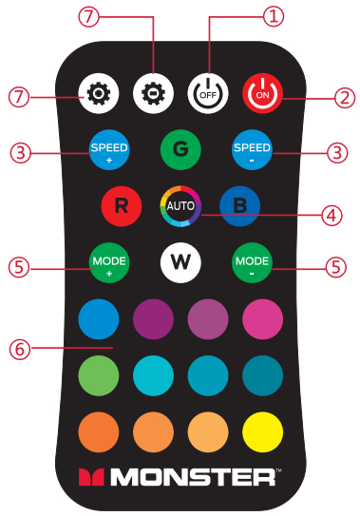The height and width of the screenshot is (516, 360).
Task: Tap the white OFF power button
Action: pos(204,92)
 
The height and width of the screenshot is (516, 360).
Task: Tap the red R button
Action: pos(121,204)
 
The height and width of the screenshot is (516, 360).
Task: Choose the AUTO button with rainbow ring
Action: pos(180,204)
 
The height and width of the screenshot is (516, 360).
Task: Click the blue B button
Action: pos(238,204)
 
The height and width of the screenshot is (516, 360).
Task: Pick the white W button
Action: pos(180,259)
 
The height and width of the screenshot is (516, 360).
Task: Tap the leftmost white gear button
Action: pos(98,92)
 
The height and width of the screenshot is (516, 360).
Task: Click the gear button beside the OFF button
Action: pos(151,92)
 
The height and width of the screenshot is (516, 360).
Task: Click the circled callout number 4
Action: pos(332,217)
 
